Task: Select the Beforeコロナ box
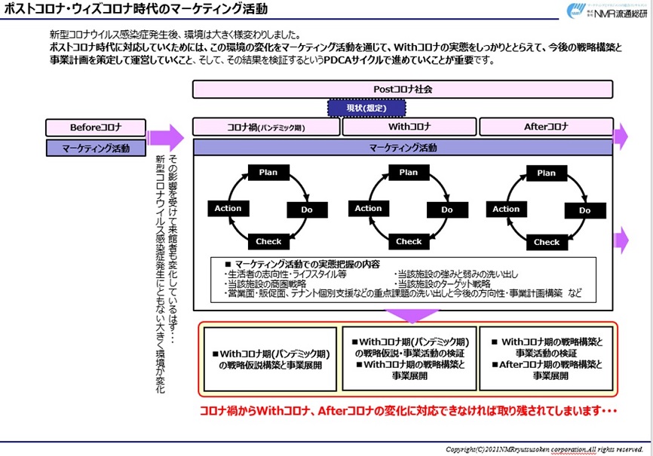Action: [x=97, y=127]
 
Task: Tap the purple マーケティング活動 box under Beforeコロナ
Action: [x=97, y=148]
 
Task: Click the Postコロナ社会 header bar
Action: [x=409, y=89]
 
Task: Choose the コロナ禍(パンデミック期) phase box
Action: [x=267, y=127]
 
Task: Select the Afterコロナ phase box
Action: [x=547, y=127]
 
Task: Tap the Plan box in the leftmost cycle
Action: [x=268, y=173]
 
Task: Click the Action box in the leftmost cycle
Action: [x=228, y=208]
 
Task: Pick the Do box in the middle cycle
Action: [x=447, y=210]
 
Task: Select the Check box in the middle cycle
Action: [x=409, y=241]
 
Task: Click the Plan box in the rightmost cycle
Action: [x=547, y=173]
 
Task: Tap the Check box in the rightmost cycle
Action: [x=547, y=242]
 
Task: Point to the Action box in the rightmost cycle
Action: [x=506, y=209]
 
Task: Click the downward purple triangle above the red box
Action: [x=407, y=315]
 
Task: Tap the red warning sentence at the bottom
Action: [x=407, y=411]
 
